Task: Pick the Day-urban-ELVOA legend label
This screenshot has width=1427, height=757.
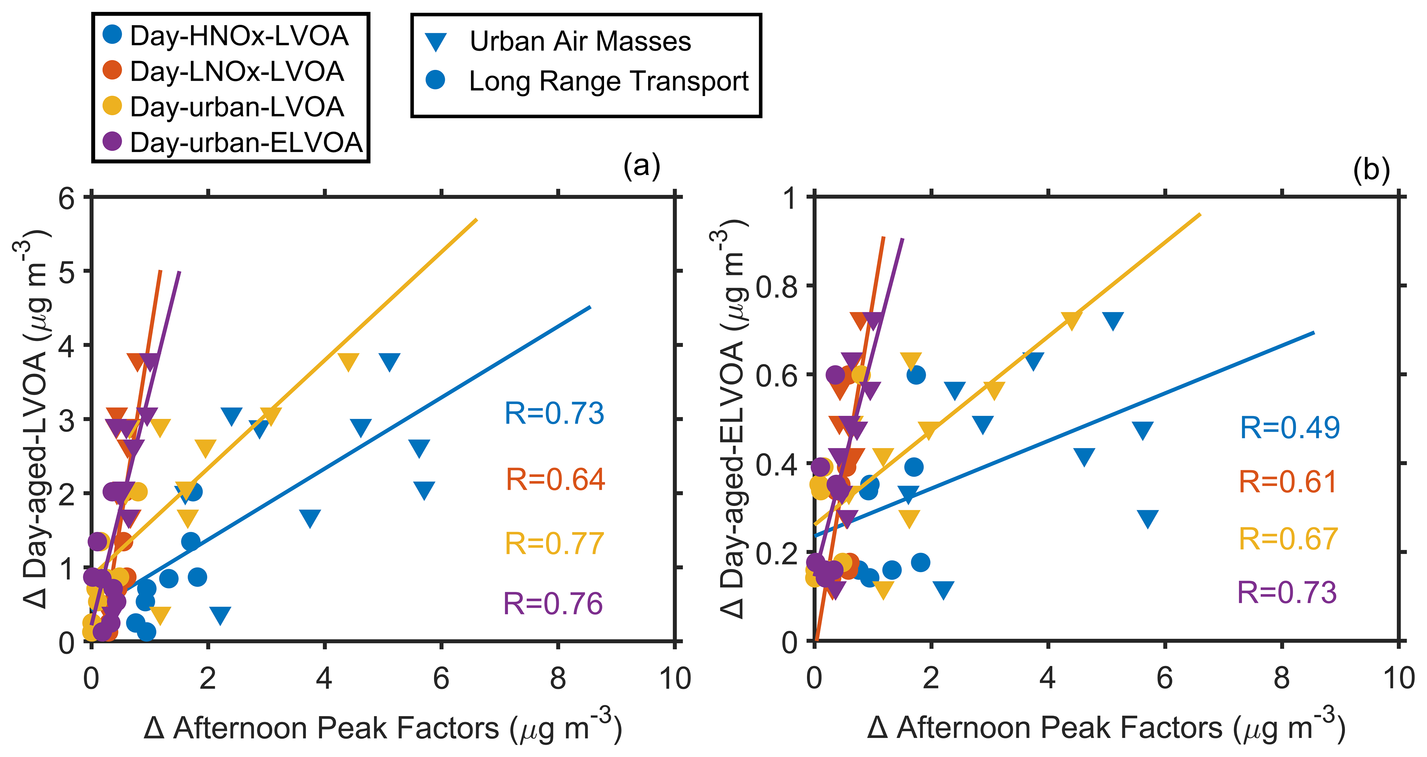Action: (x=246, y=143)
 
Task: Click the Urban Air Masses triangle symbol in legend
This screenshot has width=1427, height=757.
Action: (x=436, y=42)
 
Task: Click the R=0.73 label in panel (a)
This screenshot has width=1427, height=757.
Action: (x=554, y=413)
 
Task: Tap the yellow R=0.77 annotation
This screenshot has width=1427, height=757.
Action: (x=554, y=543)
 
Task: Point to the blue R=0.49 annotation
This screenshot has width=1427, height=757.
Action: (x=1290, y=428)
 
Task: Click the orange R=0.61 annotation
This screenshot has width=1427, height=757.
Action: (x=1288, y=482)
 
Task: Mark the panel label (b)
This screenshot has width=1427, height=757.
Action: (x=1371, y=170)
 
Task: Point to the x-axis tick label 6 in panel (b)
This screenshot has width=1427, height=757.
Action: (x=1164, y=678)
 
